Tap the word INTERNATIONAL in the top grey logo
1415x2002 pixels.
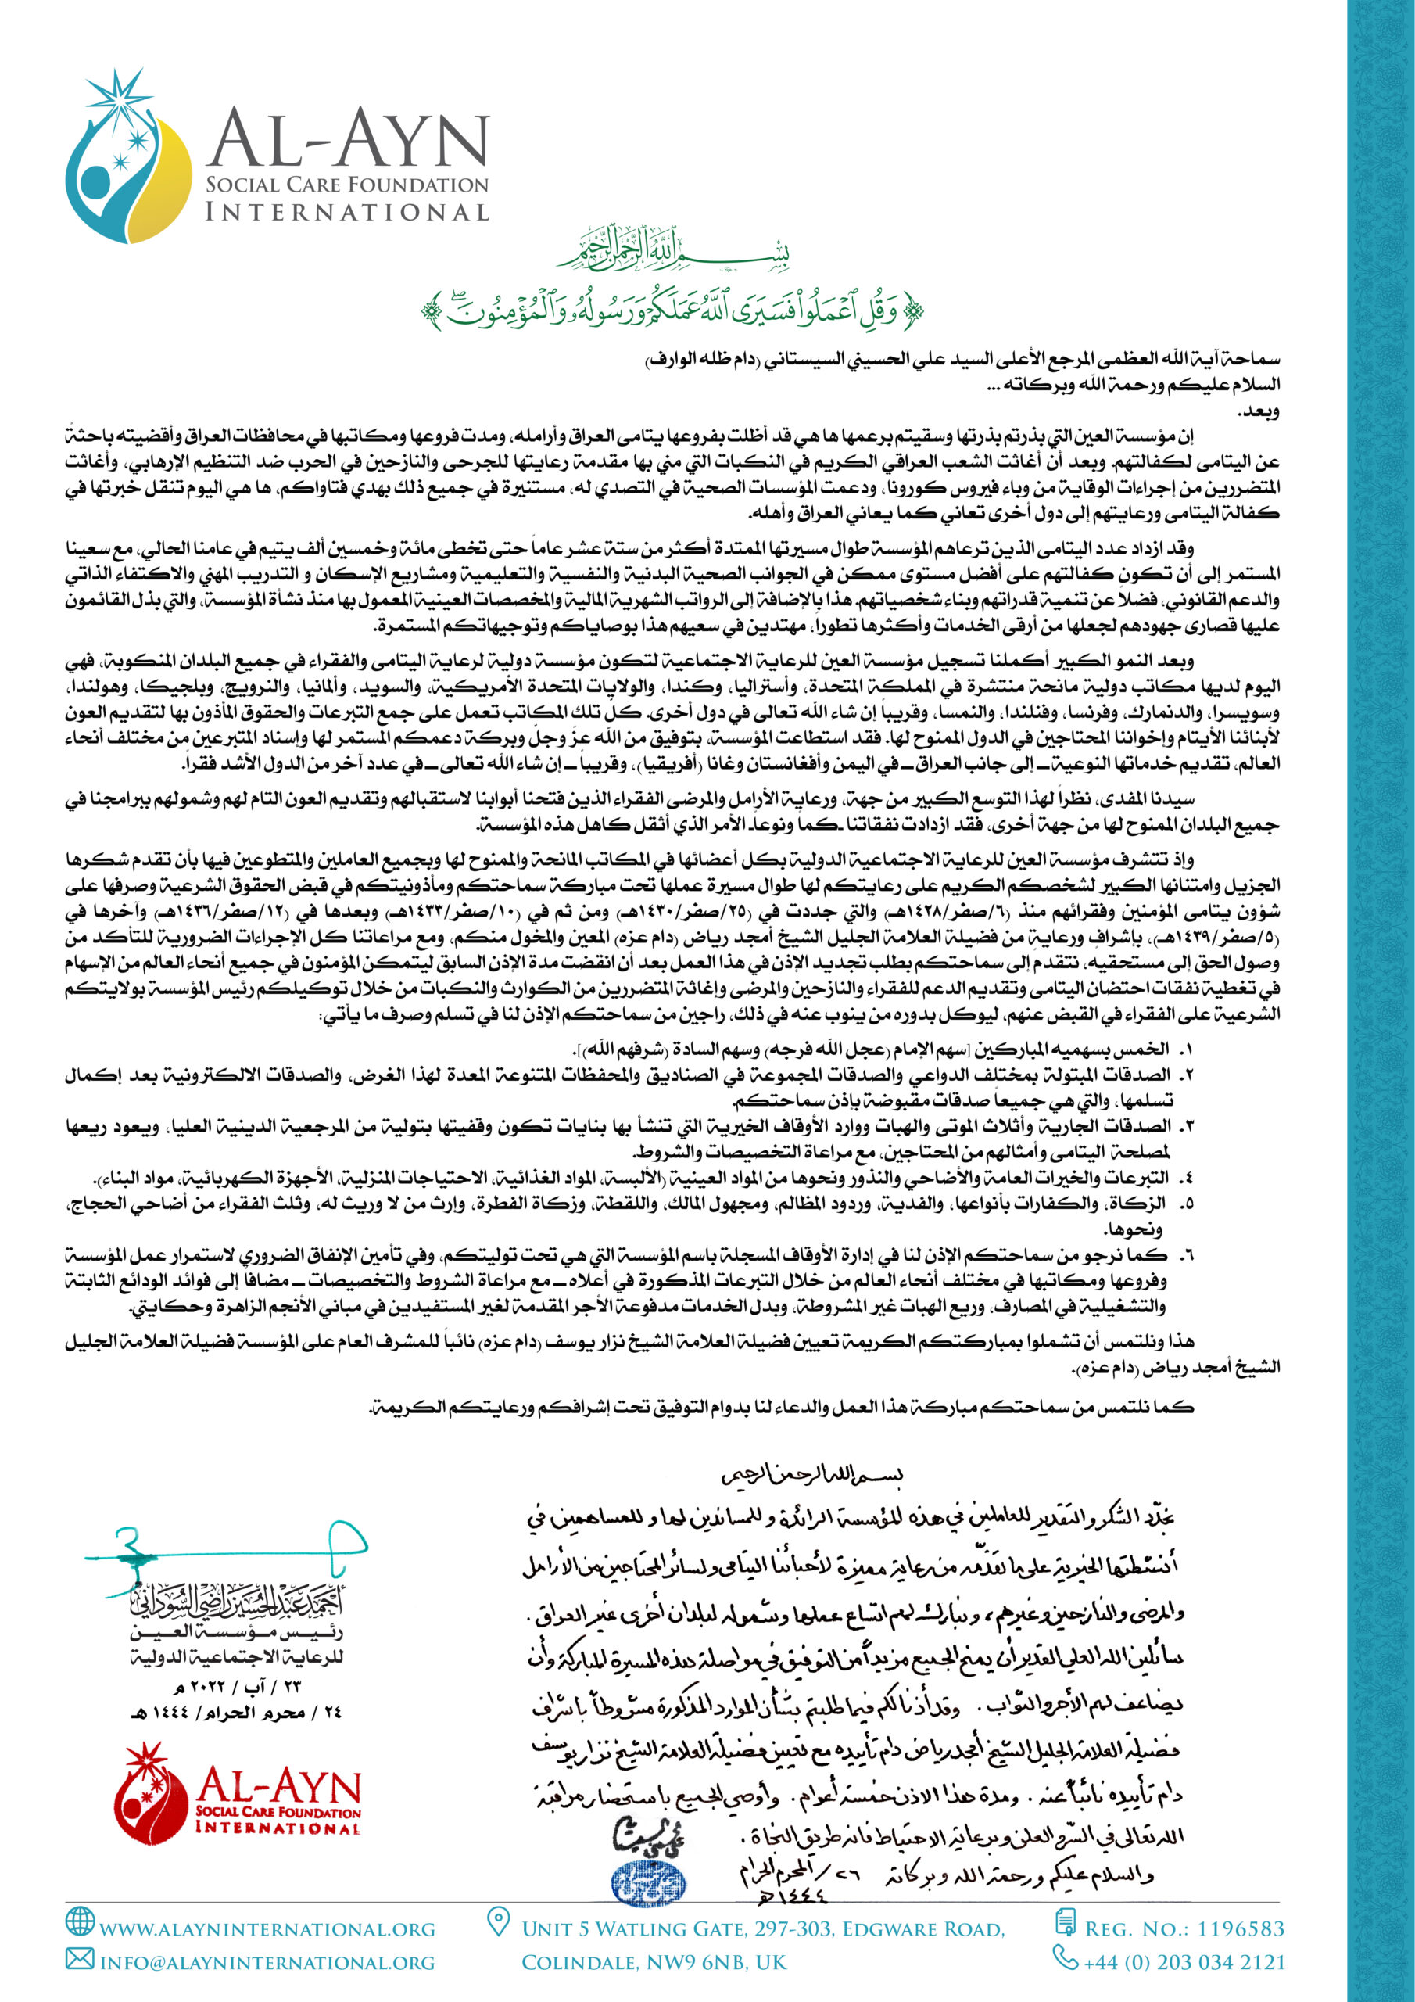346,212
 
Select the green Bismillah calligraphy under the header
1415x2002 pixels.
673,252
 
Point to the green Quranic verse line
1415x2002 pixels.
673,309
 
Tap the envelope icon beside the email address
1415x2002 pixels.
81,1959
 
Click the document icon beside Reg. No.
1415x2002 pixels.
1065,1921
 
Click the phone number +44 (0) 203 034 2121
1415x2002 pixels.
1184,1963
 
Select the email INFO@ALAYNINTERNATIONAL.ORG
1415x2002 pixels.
267,1963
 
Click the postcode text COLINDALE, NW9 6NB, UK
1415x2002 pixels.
654,1963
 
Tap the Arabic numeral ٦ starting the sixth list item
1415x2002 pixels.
1186,1256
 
